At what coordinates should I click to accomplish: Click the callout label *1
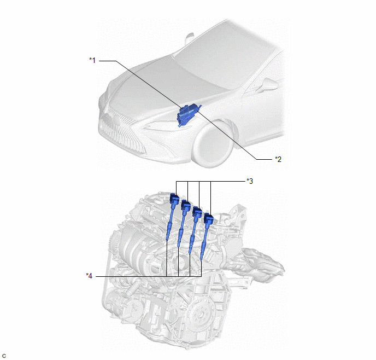click(92, 60)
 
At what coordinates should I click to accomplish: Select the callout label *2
click(278, 159)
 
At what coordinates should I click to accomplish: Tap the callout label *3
click(250, 181)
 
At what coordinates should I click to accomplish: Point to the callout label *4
click(89, 276)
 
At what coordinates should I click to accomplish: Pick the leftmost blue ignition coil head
click(174, 199)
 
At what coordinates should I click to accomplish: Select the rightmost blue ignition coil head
click(208, 219)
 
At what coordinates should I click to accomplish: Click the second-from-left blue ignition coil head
click(186, 205)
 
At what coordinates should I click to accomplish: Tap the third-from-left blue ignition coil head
click(197, 212)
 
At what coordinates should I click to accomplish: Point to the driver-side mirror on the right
click(268, 85)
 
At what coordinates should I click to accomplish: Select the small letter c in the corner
click(4, 356)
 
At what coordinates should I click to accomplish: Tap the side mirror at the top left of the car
click(190, 38)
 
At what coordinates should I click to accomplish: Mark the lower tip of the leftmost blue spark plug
click(167, 240)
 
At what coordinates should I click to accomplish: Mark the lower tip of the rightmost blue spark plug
click(201, 260)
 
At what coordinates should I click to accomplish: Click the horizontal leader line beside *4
click(149, 276)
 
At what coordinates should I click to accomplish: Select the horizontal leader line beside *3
click(210, 181)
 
